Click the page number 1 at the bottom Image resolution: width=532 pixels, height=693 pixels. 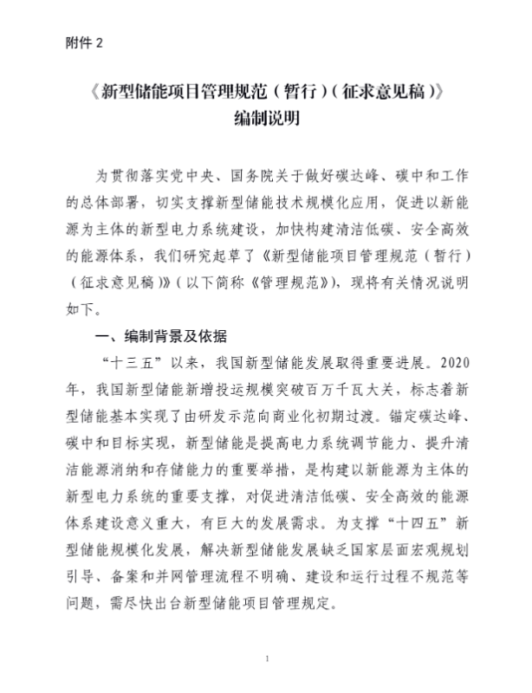[x=267, y=660]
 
